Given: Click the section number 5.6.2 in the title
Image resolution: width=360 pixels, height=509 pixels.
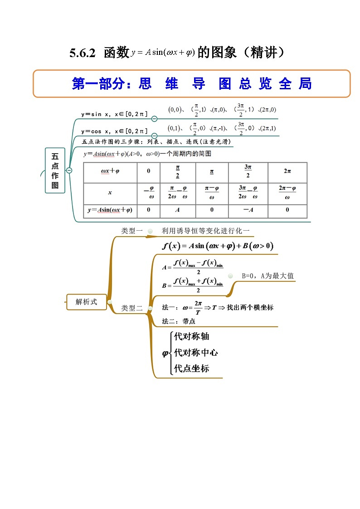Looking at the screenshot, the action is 82,53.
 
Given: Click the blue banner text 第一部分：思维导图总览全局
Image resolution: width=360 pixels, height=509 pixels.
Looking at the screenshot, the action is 191,84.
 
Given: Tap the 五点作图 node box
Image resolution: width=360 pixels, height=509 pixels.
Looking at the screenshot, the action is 55,170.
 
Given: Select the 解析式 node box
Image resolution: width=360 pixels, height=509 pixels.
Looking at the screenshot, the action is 86,302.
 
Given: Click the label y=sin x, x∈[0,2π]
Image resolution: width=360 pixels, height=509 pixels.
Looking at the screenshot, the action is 114,114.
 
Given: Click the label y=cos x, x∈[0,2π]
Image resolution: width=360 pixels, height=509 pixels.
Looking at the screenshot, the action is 114,131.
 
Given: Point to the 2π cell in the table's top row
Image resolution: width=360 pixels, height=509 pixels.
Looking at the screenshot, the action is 287,172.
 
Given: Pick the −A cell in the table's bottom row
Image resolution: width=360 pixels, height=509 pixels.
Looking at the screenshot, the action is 248,210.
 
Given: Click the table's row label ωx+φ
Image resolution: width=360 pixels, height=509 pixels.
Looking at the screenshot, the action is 110,172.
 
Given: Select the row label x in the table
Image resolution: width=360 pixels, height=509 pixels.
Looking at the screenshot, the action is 110,193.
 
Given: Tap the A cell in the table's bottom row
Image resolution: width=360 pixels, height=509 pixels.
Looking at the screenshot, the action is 177,210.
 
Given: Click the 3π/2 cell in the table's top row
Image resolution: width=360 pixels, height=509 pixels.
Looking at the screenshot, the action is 248,172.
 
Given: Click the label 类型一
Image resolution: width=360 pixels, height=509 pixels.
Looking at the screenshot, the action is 131,231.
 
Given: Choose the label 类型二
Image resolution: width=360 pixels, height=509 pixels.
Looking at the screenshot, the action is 131,308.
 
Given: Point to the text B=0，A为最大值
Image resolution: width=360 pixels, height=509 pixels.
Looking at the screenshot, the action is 268,276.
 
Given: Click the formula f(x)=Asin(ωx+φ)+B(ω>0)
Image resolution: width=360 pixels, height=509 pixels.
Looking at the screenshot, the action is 217,246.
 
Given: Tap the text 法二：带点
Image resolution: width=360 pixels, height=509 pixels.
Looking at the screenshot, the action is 179,321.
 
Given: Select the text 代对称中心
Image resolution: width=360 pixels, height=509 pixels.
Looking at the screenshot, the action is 196,353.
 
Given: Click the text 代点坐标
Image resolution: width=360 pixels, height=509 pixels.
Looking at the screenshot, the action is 192,368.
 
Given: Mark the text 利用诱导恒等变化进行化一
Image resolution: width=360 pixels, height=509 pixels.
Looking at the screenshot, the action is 205,231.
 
